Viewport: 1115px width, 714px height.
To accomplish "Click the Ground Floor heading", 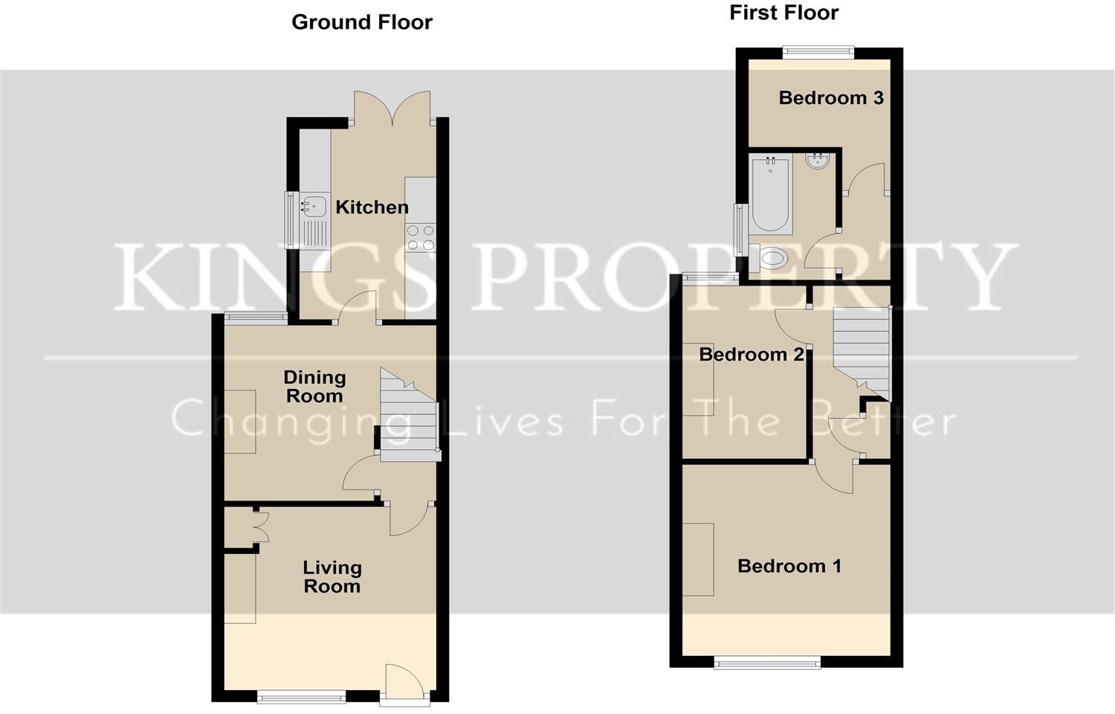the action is pyautogui.click(x=362, y=22).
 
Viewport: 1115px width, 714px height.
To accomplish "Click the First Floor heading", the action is pyautogui.click(x=784, y=13).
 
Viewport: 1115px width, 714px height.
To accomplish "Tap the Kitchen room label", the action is pyautogui.click(x=372, y=207).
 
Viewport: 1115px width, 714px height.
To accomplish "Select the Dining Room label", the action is pyautogui.click(x=314, y=386).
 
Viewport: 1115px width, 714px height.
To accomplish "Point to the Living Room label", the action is pyautogui.click(x=332, y=576).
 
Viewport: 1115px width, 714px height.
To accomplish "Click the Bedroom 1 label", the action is pyautogui.click(x=789, y=566).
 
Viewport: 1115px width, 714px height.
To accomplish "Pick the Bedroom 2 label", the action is pyautogui.click(x=751, y=355).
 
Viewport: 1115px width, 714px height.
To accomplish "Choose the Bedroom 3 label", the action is pyautogui.click(x=831, y=97).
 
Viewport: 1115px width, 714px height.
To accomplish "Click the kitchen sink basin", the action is pyautogui.click(x=313, y=206).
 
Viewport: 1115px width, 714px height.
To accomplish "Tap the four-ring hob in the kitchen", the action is pyautogui.click(x=421, y=238).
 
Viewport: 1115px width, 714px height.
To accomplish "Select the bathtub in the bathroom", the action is pyautogui.click(x=771, y=195).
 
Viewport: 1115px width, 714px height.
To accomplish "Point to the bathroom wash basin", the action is pyautogui.click(x=818, y=161).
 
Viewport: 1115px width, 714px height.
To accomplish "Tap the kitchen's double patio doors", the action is pyautogui.click(x=392, y=108).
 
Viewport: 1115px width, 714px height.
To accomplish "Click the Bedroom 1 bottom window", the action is pyautogui.click(x=767, y=663).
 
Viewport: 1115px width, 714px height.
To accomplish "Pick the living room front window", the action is pyautogui.click(x=301, y=697).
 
